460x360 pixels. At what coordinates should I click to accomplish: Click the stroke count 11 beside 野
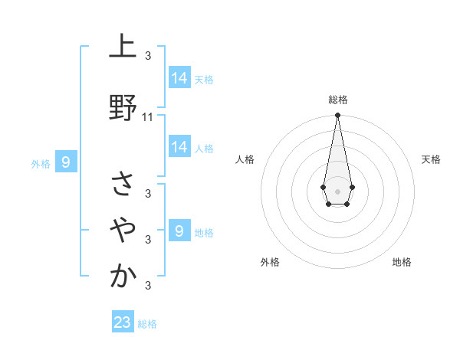tap(148, 117)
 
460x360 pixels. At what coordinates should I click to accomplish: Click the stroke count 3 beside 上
tap(148, 55)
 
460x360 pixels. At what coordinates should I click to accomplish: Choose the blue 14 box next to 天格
tap(179, 77)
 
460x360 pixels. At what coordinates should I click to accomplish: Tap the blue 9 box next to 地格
tap(179, 231)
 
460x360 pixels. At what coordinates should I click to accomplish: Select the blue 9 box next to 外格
tap(67, 162)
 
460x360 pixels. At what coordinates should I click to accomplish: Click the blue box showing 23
tap(123, 322)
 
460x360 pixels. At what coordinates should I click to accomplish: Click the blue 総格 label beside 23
tap(147, 324)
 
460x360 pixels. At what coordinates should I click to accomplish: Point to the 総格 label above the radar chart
tap(338, 100)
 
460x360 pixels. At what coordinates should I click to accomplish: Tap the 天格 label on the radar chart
tap(432, 159)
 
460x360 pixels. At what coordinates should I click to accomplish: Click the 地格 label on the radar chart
tap(402, 262)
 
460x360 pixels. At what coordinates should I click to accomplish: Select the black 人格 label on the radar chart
tap(245, 159)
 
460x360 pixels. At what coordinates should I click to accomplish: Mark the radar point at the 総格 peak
tap(337, 116)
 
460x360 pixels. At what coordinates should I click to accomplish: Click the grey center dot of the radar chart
tap(337, 190)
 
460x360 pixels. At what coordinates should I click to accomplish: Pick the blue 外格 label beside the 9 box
tap(41, 163)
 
